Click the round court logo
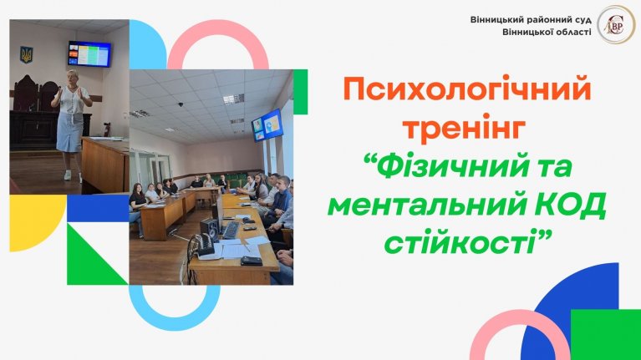tap(616, 24)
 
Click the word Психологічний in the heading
tap(467, 91)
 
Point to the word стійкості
tap(460, 241)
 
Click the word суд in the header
tap(581, 19)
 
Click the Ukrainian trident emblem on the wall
tap(27, 54)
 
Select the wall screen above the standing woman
tap(89, 54)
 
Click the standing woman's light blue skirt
tap(69, 131)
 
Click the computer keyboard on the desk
tap(231, 231)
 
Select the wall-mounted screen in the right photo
tap(267, 125)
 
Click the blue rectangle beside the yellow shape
tap(98, 208)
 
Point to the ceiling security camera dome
tap(181, 104)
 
